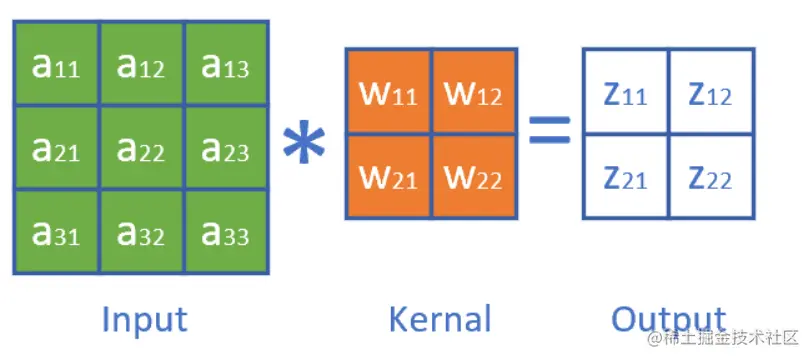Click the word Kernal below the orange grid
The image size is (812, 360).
click(x=439, y=319)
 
